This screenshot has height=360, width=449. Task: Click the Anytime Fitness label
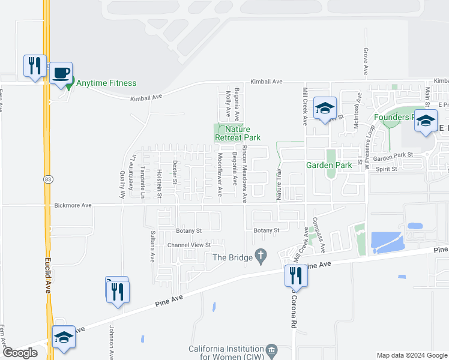tap(106, 83)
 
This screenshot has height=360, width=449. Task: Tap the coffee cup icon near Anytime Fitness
tap(61, 73)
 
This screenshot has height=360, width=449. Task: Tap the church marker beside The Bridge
tap(261, 256)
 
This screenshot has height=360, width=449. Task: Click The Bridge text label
tap(231, 257)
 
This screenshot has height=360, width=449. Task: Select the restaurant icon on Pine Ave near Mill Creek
tap(295, 275)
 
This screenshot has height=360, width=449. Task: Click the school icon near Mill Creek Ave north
tap(325, 108)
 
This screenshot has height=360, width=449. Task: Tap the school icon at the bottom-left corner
tap(63, 337)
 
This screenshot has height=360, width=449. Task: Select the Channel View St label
tap(189, 245)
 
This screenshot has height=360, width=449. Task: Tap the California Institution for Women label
tap(226, 353)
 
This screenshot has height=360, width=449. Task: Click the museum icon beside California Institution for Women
tap(271, 350)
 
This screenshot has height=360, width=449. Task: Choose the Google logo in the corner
tap(19, 353)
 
